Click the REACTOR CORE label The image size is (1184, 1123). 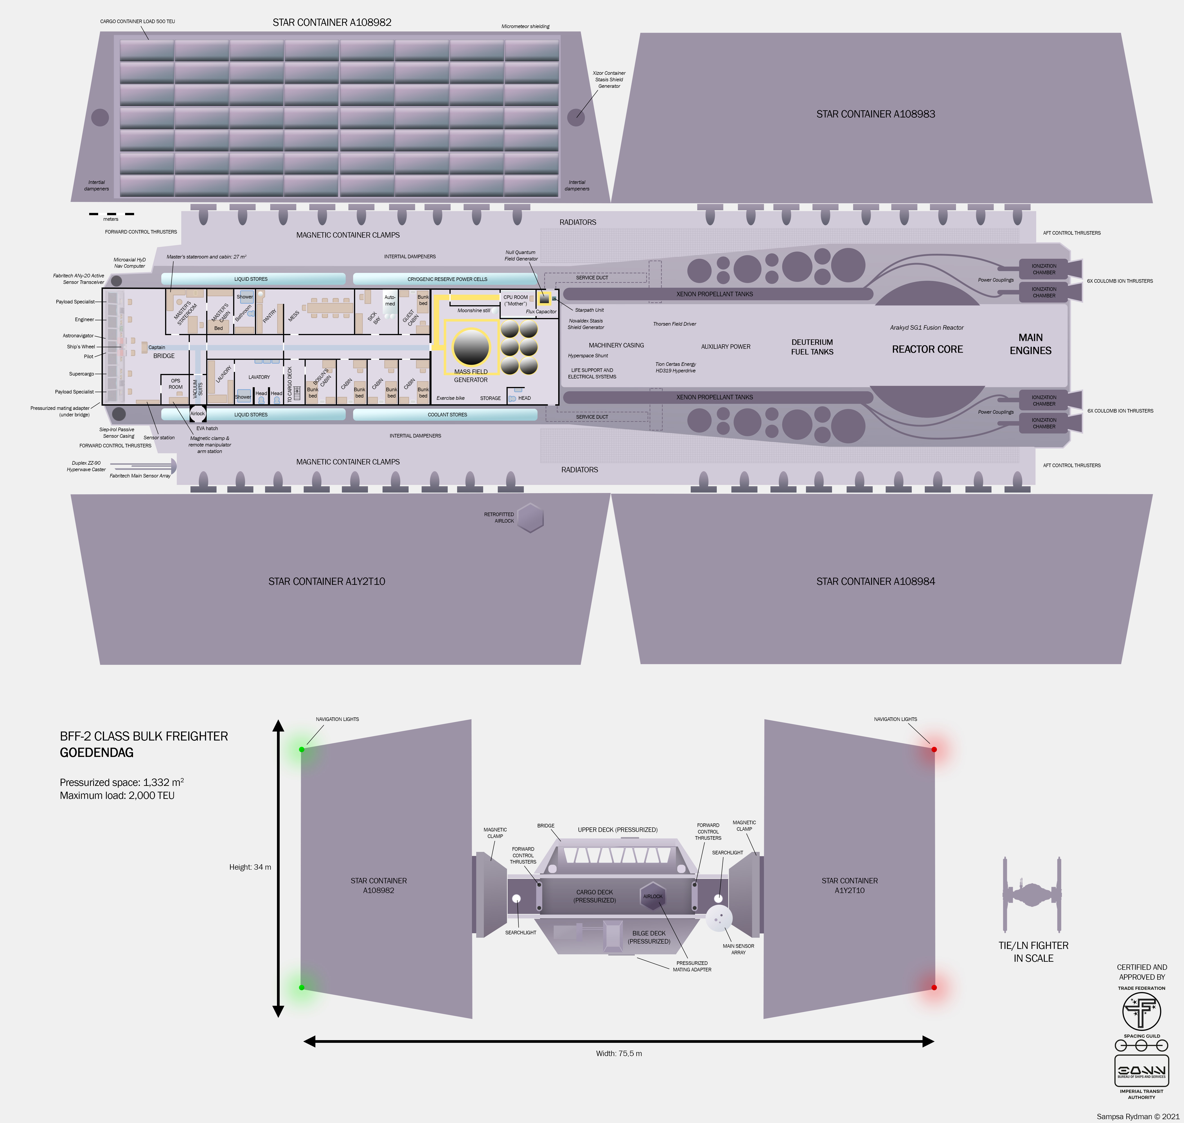927,349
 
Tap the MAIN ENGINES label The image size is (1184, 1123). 1030,344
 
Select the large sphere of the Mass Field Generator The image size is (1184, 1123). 471,347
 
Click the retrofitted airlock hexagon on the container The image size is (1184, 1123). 530,518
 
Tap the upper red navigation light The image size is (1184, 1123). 934,749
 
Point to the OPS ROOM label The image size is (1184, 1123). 175,384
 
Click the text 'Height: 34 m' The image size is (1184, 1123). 250,867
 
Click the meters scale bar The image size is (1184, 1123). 111,214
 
